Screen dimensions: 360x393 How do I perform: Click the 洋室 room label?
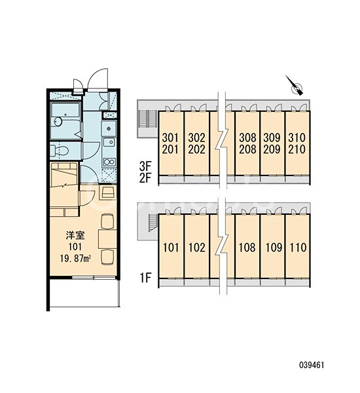[x=75, y=235]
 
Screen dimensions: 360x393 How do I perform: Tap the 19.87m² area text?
[x=75, y=258]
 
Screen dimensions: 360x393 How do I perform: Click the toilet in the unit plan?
[x=60, y=151]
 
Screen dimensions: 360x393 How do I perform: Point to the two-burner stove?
[x=109, y=162]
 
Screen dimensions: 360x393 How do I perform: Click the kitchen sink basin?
[x=109, y=142]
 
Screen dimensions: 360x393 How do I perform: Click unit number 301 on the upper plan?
[x=170, y=138]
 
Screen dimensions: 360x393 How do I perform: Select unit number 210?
[x=297, y=149]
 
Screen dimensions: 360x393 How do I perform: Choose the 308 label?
[x=247, y=138]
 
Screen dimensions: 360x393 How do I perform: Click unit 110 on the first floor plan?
[x=298, y=248]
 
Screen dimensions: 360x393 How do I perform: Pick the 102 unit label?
[x=197, y=248]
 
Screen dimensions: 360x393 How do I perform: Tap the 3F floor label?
[x=145, y=166]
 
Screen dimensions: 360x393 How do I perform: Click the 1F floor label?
[x=145, y=278]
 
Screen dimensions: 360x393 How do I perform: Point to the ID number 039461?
[x=312, y=365]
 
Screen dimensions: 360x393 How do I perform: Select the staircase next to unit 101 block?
[x=152, y=223]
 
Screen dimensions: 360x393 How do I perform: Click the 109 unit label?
[x=274, y=248]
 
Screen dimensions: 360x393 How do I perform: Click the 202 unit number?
[x=196, y=149]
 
